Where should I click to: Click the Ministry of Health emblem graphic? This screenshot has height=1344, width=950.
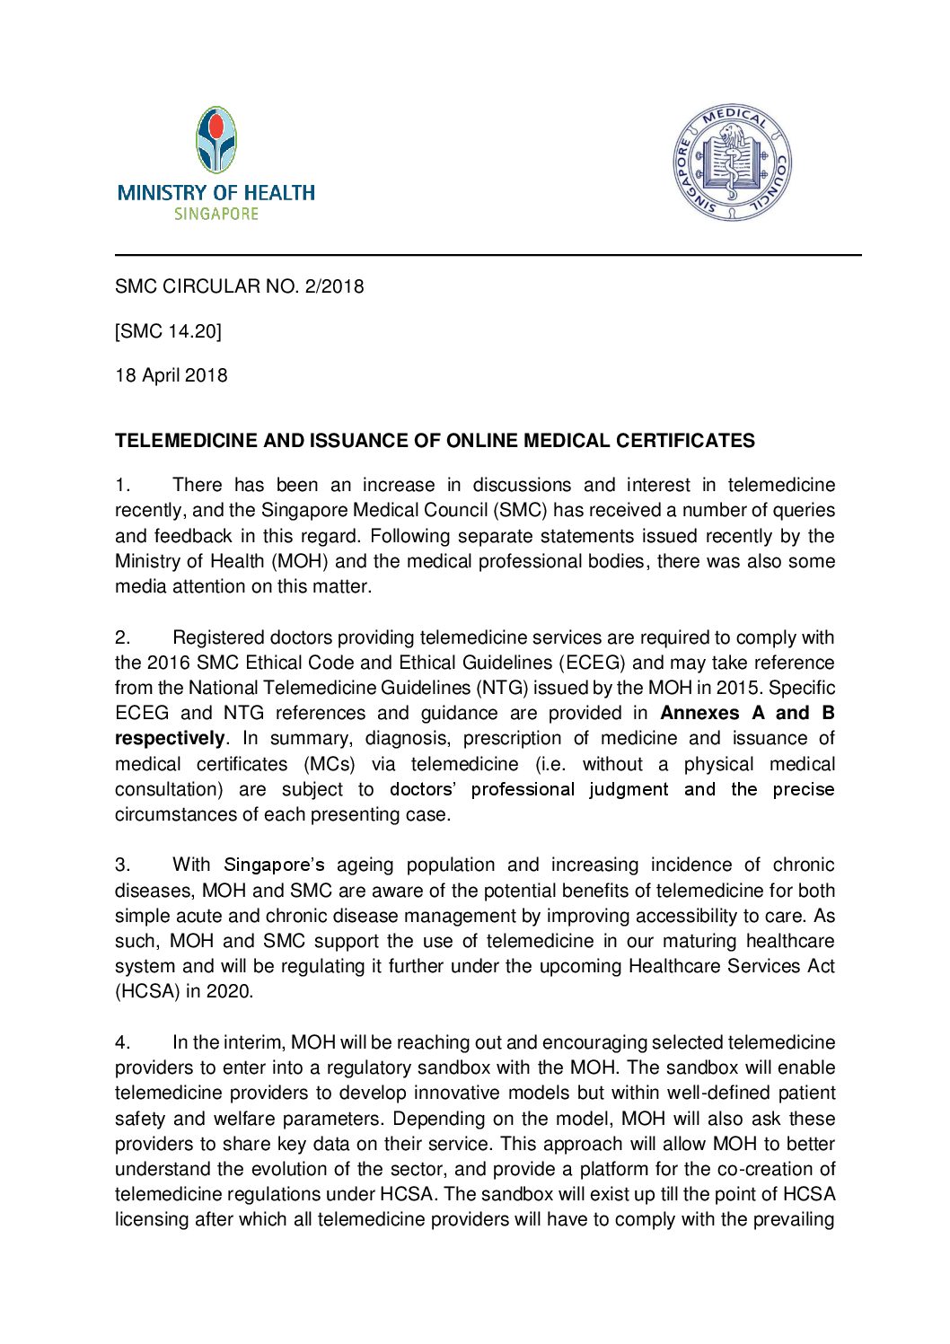(216, 140)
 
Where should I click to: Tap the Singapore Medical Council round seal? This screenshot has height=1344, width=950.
(733, 163)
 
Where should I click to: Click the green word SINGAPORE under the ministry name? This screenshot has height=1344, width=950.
(216, 215)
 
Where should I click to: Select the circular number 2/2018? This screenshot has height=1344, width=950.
(334, 286)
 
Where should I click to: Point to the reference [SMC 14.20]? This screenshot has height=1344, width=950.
(168, 331)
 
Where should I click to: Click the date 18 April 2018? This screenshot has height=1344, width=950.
(172, 375)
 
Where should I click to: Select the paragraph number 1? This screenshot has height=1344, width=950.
(122, 486)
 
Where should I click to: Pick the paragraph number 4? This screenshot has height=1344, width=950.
(122, 1043)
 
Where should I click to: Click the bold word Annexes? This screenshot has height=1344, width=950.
(699, 714)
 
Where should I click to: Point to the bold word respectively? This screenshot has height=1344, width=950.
(170, 739)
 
